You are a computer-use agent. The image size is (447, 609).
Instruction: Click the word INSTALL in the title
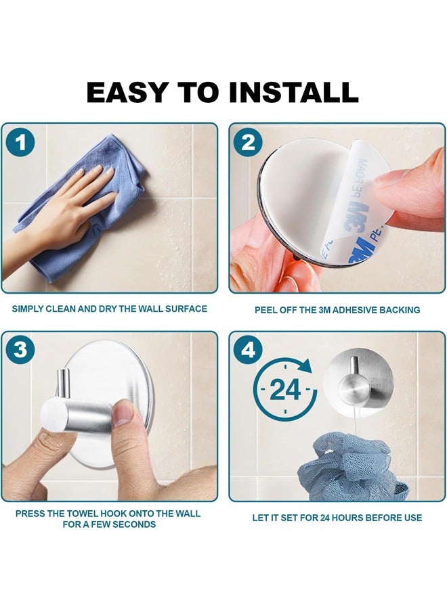pos(293,93)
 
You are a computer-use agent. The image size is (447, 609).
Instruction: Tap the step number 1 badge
pos(20,143)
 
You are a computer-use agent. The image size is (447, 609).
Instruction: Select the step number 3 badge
pos(20,350)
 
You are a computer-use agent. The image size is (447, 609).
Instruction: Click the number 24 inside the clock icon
pos(285,390)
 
